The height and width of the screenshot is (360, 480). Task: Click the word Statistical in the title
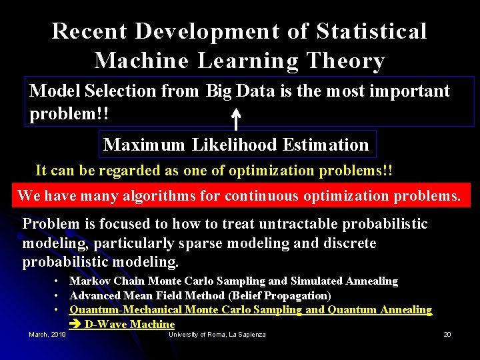click(371, 31)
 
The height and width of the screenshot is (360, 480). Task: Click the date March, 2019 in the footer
click(47, 334)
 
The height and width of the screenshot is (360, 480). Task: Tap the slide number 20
click(447, 334)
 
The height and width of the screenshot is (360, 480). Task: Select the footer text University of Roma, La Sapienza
click(217, 334)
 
